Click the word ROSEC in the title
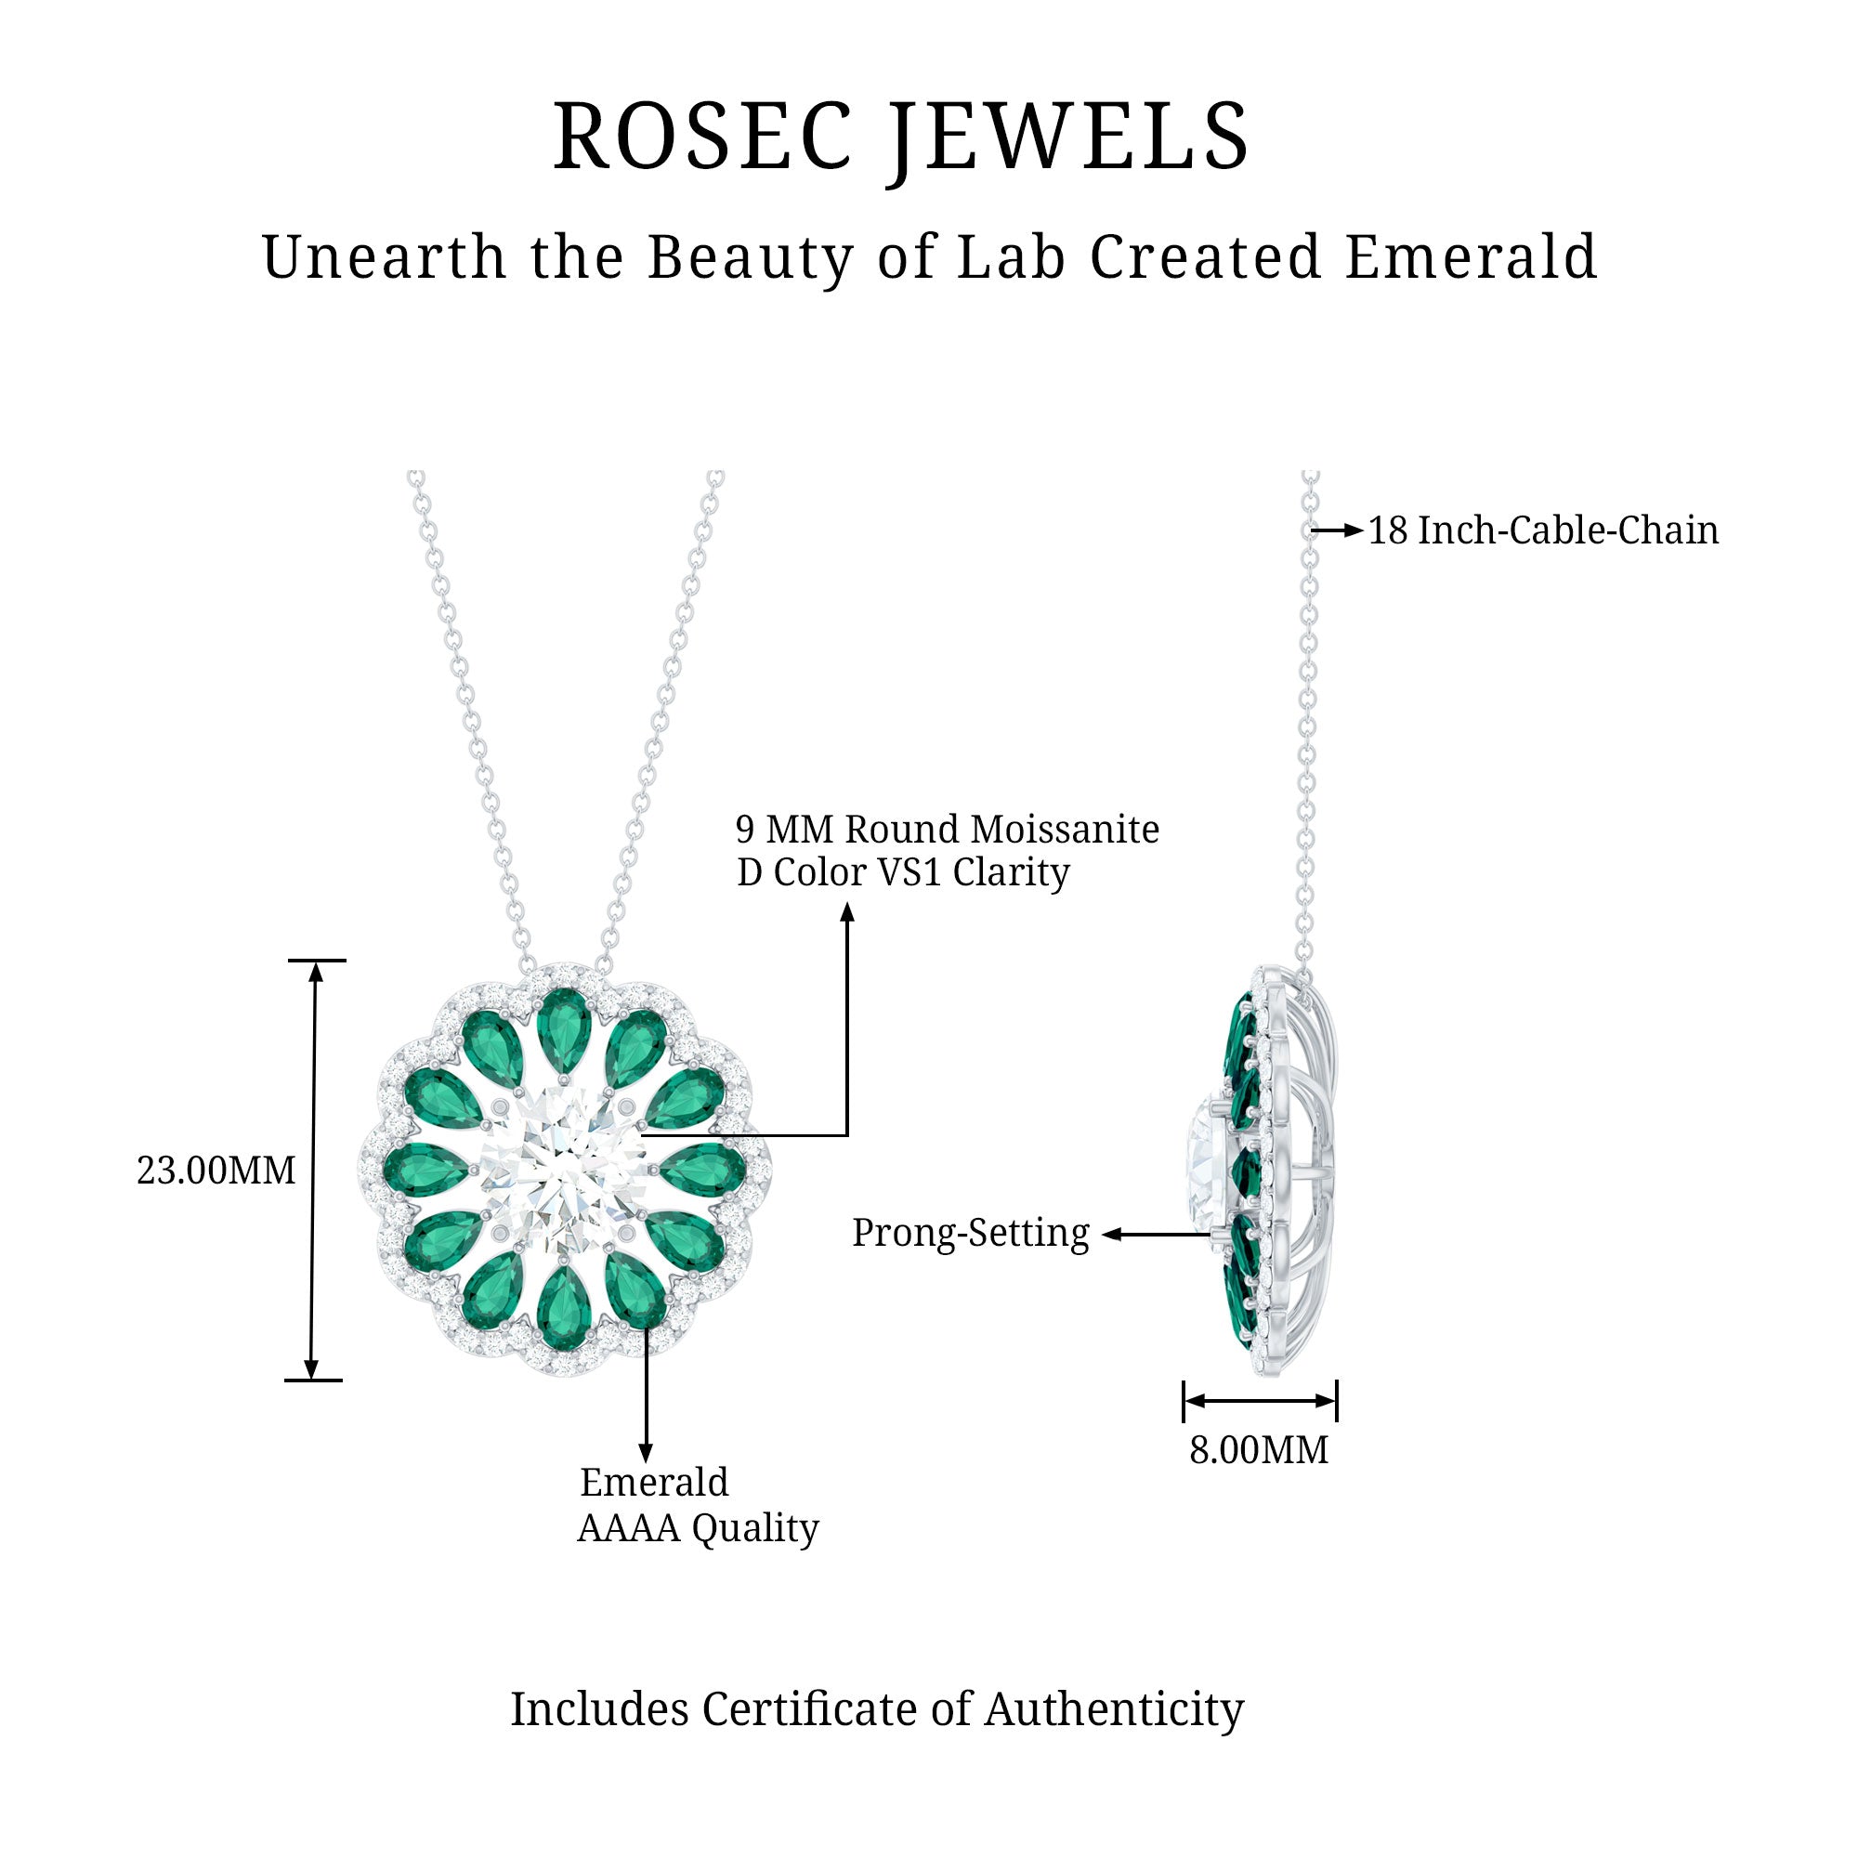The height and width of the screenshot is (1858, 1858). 703,137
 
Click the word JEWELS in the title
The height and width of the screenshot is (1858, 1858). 1068,137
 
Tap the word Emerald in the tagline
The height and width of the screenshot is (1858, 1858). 1471,257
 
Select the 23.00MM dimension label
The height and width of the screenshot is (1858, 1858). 216,1171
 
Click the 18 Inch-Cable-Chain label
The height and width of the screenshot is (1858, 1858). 1542,530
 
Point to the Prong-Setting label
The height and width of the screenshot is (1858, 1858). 971,1233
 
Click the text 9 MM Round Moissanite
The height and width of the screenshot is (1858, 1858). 948,829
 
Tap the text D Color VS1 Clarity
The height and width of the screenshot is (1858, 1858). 902,872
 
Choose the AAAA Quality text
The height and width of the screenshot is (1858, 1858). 698,1527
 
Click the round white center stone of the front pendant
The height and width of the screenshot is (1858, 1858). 564,1169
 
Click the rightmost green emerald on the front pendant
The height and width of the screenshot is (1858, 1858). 704,1171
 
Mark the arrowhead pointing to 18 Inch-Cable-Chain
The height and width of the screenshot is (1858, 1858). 1355,530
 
